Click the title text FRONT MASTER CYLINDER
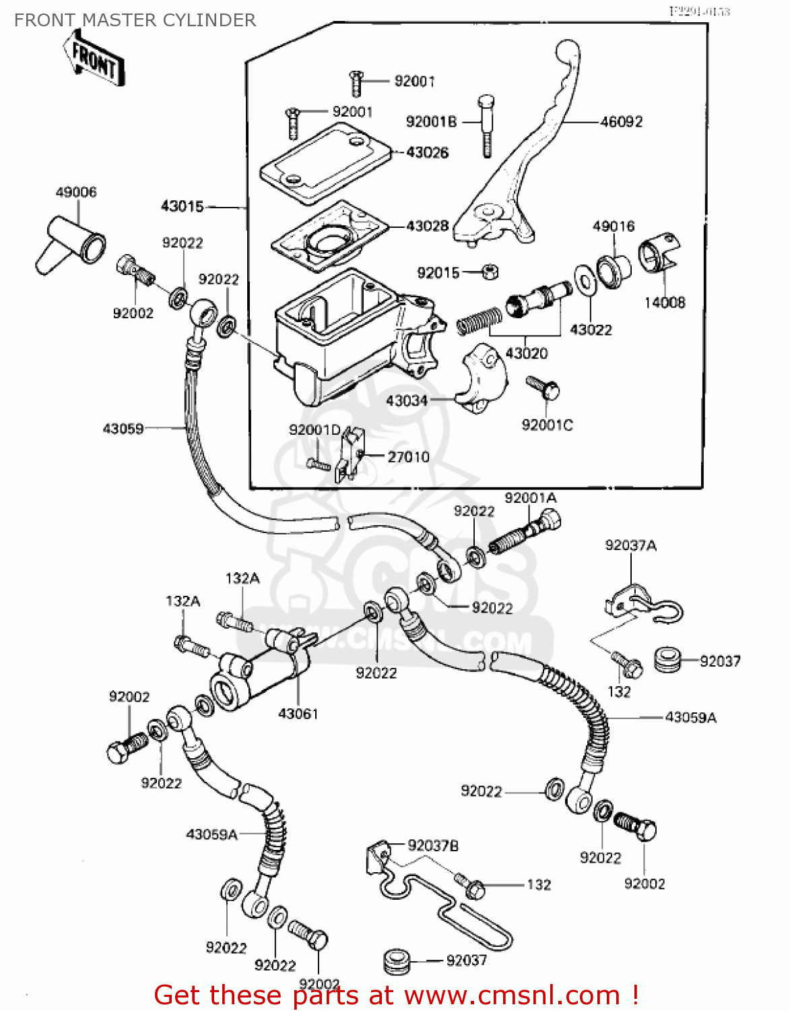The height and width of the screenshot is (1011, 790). [x=135, y=20]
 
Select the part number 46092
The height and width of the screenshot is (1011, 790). [x=621, y=122]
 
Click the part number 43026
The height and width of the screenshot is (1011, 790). [x=427, y=153]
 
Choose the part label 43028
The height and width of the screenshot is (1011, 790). [x=427, y=226]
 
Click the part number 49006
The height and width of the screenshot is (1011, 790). [x=75, y=193]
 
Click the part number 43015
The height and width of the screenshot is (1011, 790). [x=182, y=207]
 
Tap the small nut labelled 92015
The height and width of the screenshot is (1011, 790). [x=490, y=272]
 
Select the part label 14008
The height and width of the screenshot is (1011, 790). [x=664, y=303]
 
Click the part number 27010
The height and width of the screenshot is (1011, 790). [x=408, y=457]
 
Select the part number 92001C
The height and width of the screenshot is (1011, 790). [x=547, y=425]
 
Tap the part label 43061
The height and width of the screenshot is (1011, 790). [x=298, y=714]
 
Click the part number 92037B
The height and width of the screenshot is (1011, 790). [x=433, y=846]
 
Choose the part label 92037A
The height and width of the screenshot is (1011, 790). [x=630, y=545]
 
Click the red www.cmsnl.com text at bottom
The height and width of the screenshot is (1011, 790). [x=512, y=995]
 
